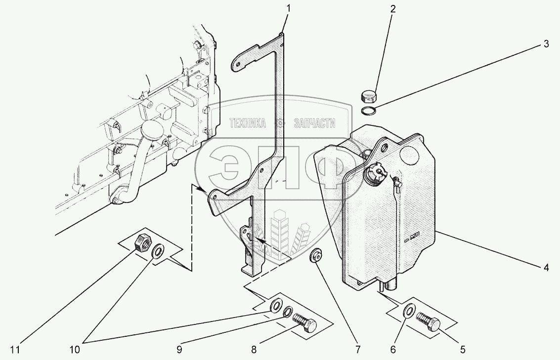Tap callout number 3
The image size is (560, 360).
(x=546, y=44)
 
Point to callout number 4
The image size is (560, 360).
(x=546, y=268)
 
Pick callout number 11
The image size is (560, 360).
(x=17, y=350)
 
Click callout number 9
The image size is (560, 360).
(x=179, y=350)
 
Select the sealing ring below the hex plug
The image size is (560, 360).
(x=369, y=110)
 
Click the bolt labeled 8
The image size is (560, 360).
(x=303, y=322)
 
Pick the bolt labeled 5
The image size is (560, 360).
(x=429, y=321)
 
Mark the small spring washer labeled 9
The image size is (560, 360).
(x=287, y=312)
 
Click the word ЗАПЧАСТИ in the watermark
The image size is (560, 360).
(x=314, y=123)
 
